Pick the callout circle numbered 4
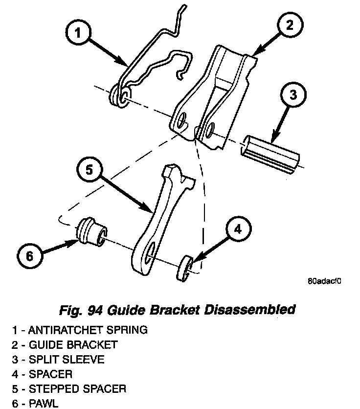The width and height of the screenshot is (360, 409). pyautogui.click(x=236, y=230)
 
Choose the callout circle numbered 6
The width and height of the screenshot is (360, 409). pyautogui.click(x=29, y=256)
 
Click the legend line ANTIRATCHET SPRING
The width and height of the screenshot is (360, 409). pyautogui.click(x=80, y=330)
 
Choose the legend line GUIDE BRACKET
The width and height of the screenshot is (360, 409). pyautogui.click(x=65, y=345)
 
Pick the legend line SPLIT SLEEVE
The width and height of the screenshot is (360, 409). pyautogui.click(x=59, y=360)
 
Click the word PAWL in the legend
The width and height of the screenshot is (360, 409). pyautogui.click(x=44, y=404)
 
